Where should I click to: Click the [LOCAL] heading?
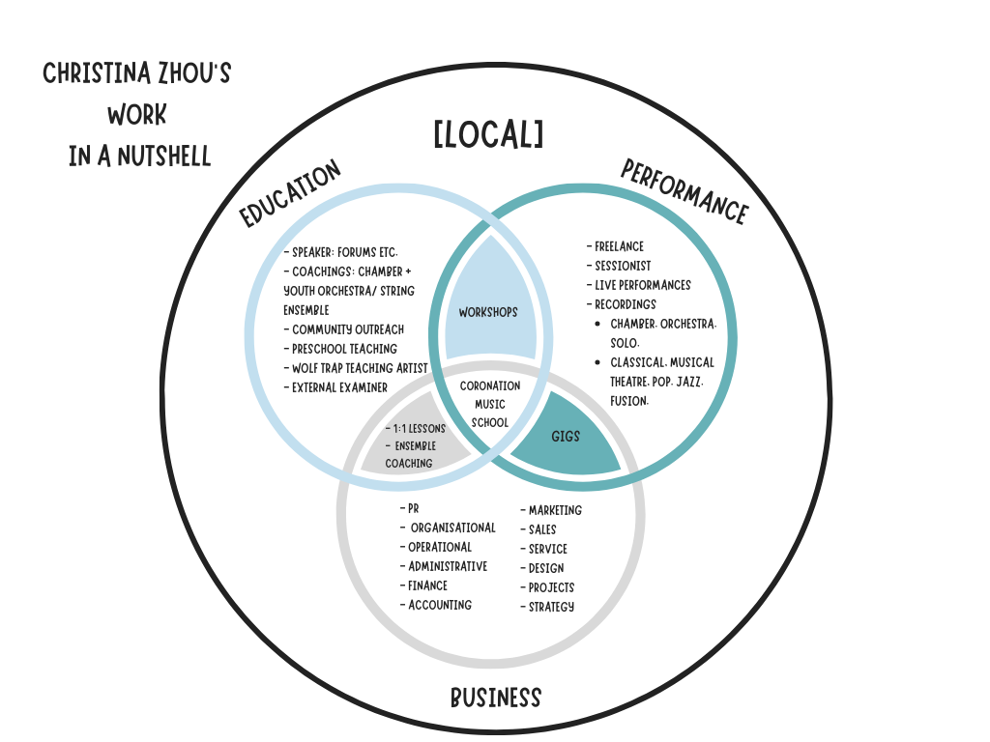[488, 135]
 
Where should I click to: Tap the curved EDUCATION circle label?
[291, 194]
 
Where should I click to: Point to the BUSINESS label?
[495, 698]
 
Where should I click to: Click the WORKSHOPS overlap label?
[488, 312]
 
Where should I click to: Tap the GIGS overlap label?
[566, 437]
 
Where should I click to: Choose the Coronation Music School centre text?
[490, 404]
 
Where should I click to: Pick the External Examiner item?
[335, 387]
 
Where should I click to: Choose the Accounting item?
[436, 605]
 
